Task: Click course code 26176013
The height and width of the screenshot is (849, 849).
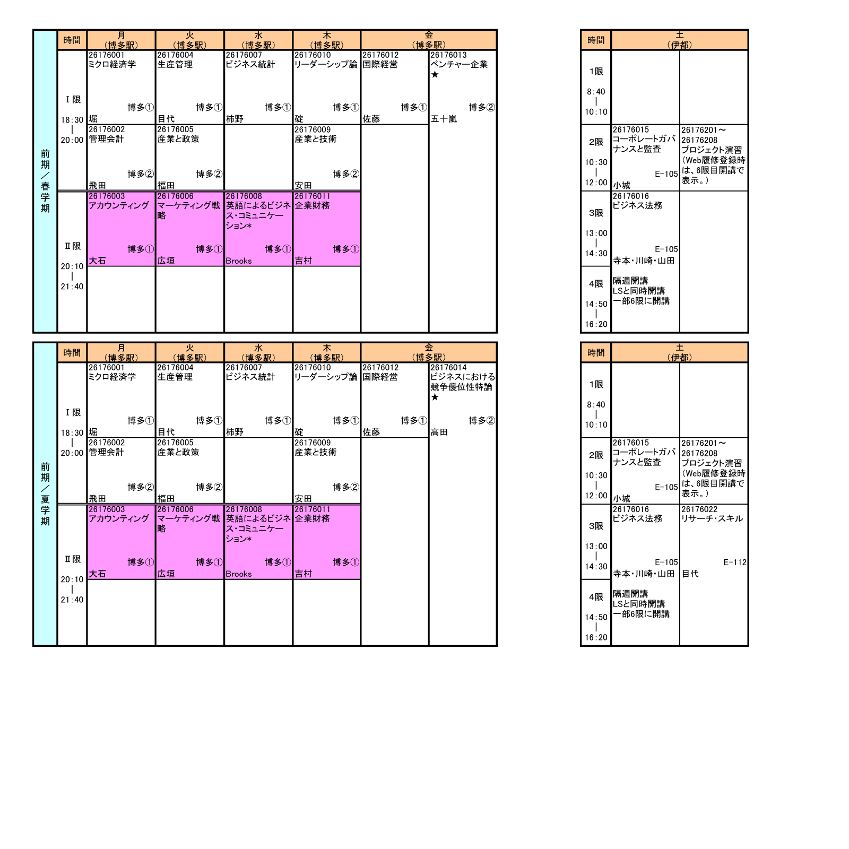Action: tap(448, 55)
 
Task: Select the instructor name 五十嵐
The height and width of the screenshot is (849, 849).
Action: tap(444, 119)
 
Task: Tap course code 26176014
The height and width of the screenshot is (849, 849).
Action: tap(448, 368)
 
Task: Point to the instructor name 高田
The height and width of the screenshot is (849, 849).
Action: tap(439, 432)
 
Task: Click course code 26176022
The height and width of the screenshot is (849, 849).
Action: tap(699, 509)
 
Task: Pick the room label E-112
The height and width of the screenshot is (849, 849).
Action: tap(735, 562)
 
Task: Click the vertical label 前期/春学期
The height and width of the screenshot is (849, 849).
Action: tap(45, 181)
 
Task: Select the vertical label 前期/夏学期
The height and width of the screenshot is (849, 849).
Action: tap(45, 494)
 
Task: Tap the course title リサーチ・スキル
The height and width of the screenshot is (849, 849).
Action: tap(712, 519)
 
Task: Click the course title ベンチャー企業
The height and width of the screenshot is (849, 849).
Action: tap(459, 64)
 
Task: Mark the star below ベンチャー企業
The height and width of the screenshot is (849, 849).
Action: tap(435, 75)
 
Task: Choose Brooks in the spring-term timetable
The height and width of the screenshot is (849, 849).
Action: tap(239, 261)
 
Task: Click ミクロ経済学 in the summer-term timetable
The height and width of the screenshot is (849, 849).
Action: tap(112, 377)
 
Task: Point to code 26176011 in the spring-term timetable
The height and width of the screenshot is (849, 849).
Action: tap(313, 196)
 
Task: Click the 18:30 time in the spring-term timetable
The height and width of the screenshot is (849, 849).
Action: tap(72, 120)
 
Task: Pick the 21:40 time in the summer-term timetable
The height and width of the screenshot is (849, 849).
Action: tap(72, 600)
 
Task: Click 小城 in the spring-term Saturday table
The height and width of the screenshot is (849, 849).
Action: tap(622, 185)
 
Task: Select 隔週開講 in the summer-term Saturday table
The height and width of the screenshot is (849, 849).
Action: tap(630, 594)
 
